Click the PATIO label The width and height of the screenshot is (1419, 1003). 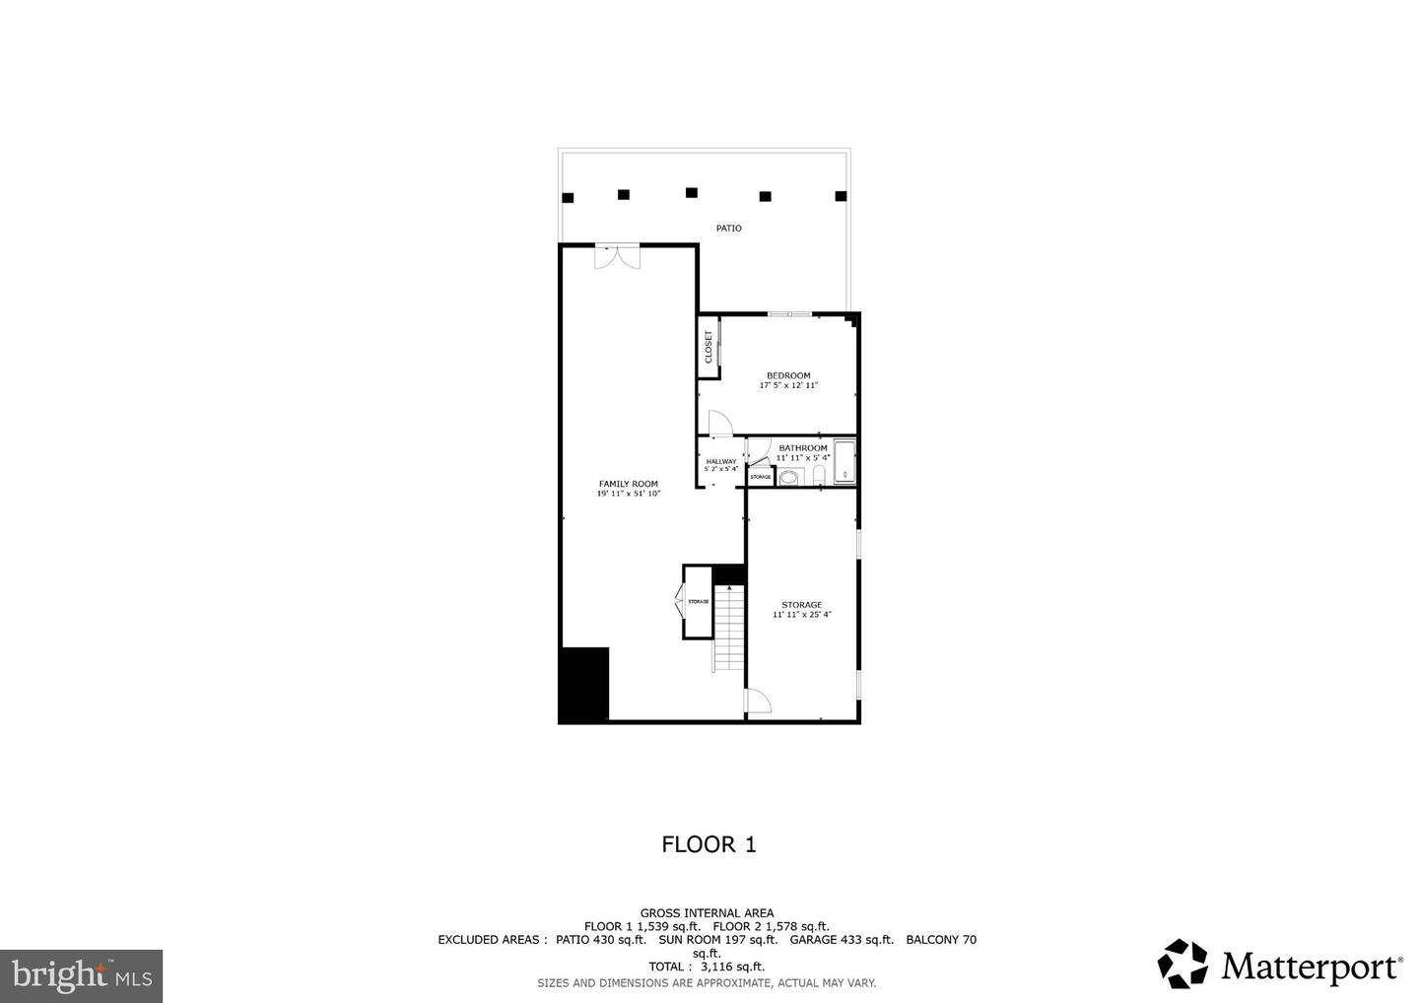[x=728, y=229]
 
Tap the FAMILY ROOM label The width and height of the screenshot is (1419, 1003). [x=629, y=484]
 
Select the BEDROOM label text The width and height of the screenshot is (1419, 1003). [x=788, y=375]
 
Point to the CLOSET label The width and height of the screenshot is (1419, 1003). [x=708, y=346]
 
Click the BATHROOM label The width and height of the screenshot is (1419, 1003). [x=803, y=448]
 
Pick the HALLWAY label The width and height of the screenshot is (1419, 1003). [x=721, y=461]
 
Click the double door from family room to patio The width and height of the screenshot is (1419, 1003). [x=617, y=256]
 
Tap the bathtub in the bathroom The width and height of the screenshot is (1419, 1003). [x=845, y=463]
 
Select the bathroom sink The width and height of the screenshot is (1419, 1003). [x=788, y=477]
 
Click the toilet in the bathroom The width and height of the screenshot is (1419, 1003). [x=819, y=475]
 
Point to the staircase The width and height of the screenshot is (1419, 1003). [x=728, y=626]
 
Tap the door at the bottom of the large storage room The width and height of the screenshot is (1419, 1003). [x=758, y=702]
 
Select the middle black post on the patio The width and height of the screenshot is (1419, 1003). [x=692, y=193]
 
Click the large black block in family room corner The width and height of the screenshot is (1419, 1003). [x=583, y=685]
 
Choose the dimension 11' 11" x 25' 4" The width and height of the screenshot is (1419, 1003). [x=802, y=615]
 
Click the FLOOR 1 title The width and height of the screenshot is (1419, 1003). [x=709, y=844]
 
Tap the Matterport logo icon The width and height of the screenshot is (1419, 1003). [x=1182, y=964]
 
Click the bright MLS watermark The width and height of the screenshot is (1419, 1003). [x=82, y=976]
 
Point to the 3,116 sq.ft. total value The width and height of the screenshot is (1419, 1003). [x=732, y=967]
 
